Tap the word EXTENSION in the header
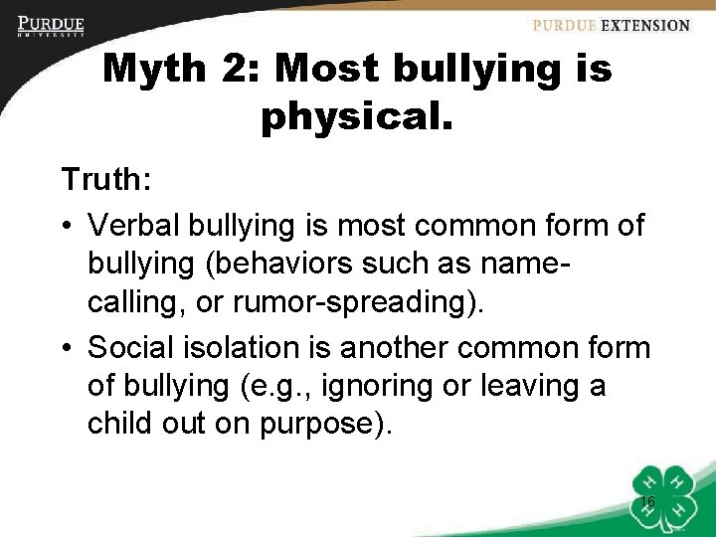[644, 26]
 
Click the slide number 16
[647, 503]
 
